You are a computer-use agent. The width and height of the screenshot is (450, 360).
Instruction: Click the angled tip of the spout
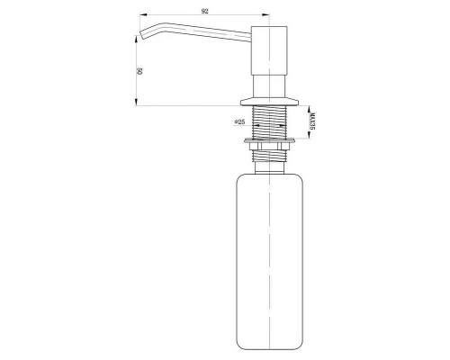(x=139, y=37)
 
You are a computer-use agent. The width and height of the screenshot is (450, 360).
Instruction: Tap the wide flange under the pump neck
(x=268, y=98)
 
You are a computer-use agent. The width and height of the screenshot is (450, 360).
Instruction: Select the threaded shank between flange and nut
(x=268, y=121)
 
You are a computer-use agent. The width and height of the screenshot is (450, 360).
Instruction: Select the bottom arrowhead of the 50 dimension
(x=137, y=104)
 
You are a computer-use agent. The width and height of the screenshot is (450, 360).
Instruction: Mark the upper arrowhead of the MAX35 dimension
(x=301, y=106)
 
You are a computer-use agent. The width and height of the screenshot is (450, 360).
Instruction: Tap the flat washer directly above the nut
(x=268, y=139)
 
